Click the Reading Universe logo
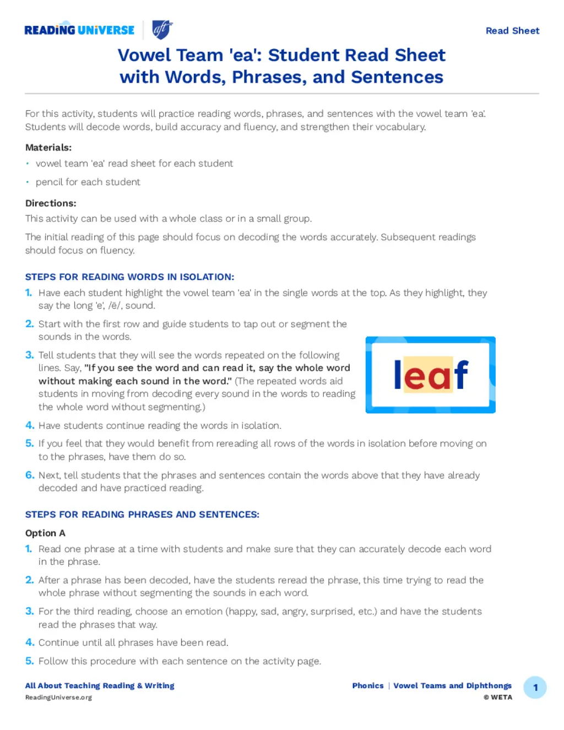click(79, 30)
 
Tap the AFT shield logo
click(162, 29)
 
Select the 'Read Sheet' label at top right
click(512, 31)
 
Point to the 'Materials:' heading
click(48, 148)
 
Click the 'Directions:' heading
click(51, 203)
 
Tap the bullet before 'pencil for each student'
click(28, 182)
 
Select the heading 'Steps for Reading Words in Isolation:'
click(129, 277)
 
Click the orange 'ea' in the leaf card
click(428, 375)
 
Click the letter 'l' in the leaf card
click(398, 375)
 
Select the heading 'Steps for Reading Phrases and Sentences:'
click(142, 515)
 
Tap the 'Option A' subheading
click(45, 533)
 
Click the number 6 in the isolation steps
click(30, 475)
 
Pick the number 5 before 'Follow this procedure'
click(30, 661)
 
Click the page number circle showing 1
click(535, 688)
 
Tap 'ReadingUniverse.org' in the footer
click(58, 697)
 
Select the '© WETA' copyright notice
click(498, 697)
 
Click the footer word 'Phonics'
click(368, 686)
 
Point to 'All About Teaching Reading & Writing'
click(100, 686)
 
